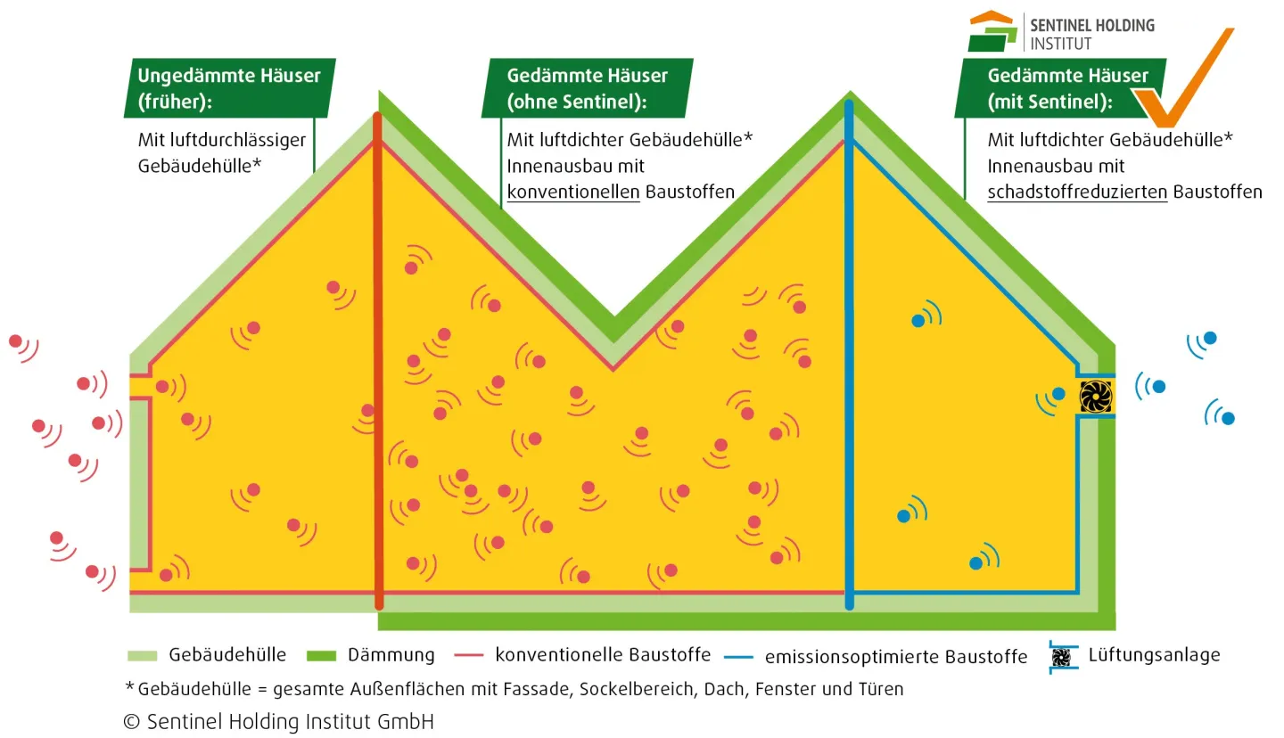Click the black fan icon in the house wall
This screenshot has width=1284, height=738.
point(1095,397)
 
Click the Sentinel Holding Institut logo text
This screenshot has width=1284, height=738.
point(1091,34)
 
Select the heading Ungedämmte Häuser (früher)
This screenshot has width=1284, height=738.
point(228,88)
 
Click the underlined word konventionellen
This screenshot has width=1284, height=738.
point(574,192)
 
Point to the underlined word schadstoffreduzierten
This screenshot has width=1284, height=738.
point(1077,192)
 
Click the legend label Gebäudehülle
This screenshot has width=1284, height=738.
point(227,655)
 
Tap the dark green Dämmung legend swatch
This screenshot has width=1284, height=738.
point(321,656)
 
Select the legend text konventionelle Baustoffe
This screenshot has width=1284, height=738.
point(603,655)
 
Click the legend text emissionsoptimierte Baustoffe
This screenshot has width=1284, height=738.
point(896,657)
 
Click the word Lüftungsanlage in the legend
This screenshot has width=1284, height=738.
point(1154,655)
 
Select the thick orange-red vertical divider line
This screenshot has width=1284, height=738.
point(378,357)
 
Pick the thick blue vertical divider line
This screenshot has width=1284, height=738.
point(849,357)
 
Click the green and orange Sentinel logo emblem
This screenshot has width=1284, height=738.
point(992,31)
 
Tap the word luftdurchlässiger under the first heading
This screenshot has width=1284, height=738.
point(222,140)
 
